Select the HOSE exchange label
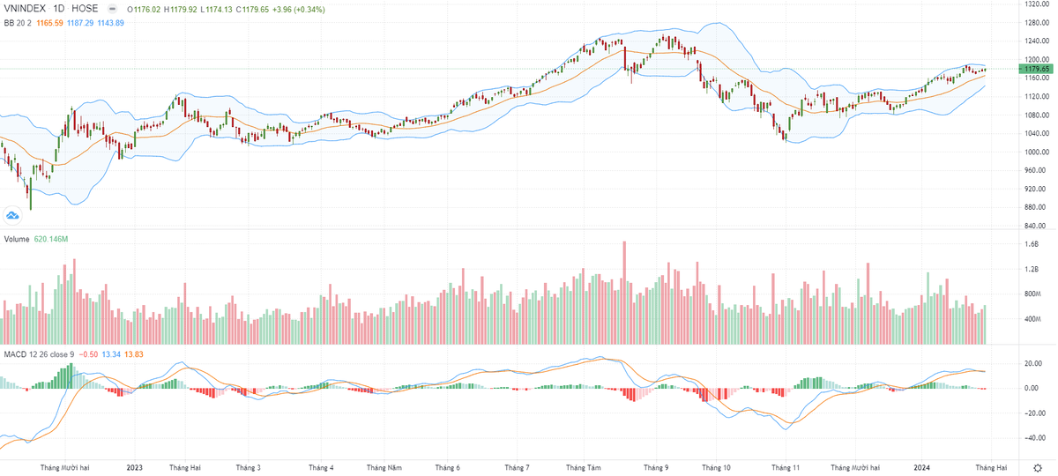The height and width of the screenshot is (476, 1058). point(85,7)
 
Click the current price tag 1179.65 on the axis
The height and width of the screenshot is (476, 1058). point(1035,69)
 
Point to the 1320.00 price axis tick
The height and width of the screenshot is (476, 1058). point(1035,4)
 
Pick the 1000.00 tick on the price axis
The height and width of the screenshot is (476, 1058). point(1035,152)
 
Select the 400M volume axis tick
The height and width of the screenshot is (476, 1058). point(1032,318)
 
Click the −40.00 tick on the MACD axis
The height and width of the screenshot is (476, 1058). point(1033,437)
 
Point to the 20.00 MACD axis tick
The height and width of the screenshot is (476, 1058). point(1033,363)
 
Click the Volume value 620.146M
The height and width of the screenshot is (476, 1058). point(51,239)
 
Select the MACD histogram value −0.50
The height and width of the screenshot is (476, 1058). point(88,353)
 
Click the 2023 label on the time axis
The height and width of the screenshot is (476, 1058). point(135,467)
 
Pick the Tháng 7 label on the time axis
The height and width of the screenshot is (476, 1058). point(517,467)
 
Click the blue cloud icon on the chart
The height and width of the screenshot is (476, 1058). point(12,214)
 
